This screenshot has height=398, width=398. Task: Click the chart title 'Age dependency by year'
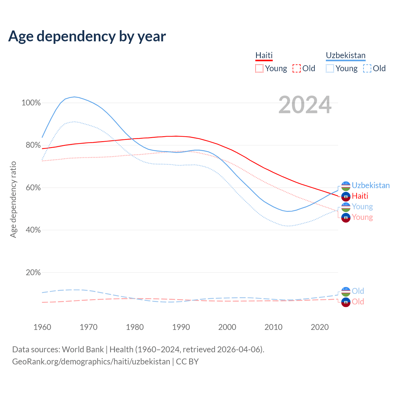(87, 36)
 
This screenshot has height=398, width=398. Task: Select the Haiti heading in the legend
(264, 55)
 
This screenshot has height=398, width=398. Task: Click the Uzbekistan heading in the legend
(345, 55)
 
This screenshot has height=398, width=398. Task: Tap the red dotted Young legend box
(259, 68)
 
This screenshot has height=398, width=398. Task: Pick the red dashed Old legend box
(297, 68)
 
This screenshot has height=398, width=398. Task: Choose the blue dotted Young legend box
(330, 68)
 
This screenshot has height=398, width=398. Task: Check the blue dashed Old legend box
(367, 68)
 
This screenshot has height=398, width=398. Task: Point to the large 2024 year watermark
(305, 105)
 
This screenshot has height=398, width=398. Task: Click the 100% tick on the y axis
(31, 103)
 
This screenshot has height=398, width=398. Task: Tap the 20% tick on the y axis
(33, 273)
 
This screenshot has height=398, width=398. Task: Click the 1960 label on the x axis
(42, 327)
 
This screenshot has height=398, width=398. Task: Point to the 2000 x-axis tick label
(227, 327)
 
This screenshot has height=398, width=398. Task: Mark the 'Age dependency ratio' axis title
(13, 199)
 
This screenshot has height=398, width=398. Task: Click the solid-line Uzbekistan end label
(371, 186)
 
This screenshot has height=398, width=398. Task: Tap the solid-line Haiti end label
(360, 196)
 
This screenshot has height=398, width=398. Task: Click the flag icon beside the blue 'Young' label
(346, 207)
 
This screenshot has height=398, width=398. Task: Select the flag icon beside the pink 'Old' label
(346, 302)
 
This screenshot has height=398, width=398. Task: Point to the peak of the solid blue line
(74, 97)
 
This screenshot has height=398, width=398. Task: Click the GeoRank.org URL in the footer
(91, 362)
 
